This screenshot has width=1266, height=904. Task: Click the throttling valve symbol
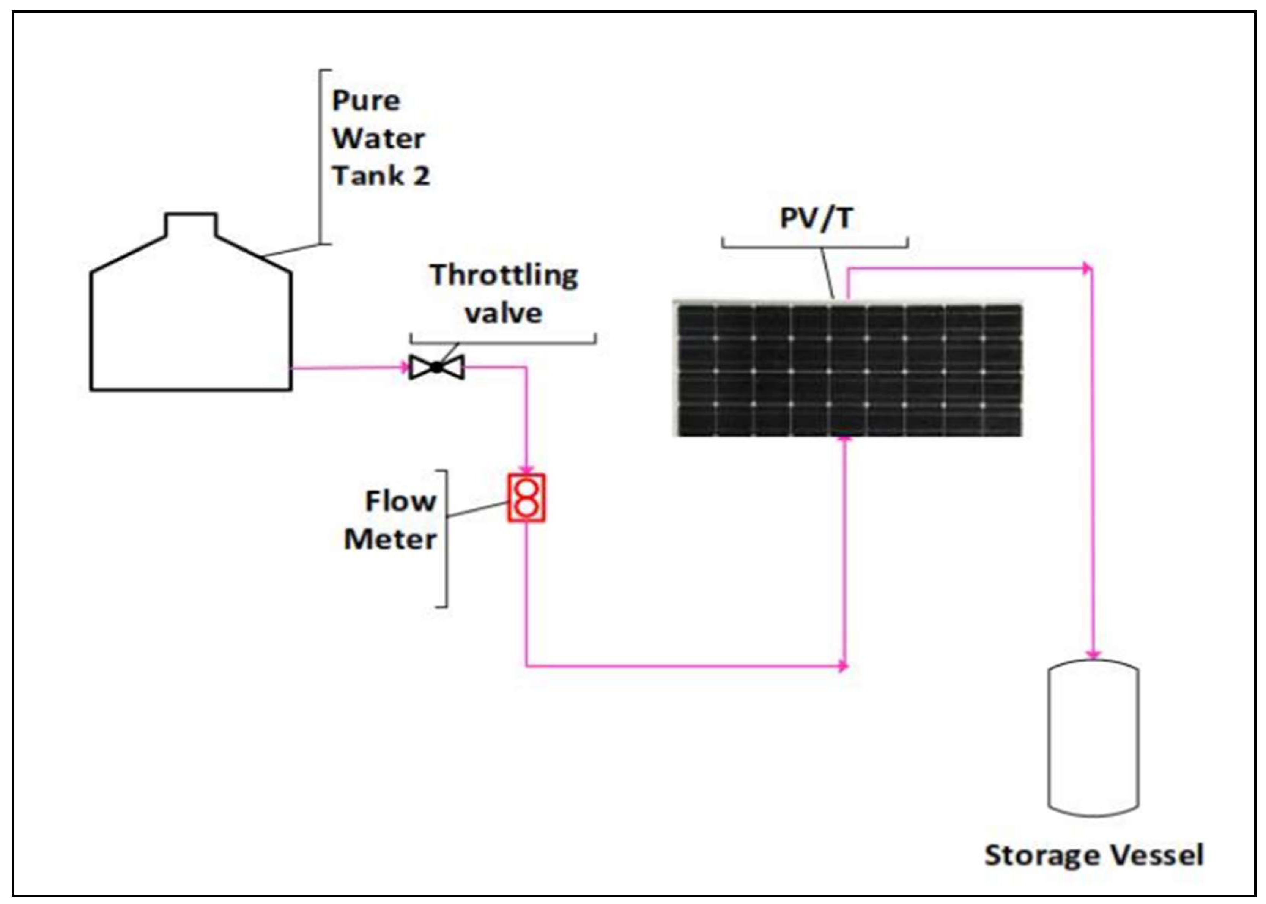coord(436,367)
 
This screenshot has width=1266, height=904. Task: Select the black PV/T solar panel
coord(849,370)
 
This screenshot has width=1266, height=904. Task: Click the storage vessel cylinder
coord(1093,737)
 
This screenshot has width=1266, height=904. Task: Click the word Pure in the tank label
coord(366,101)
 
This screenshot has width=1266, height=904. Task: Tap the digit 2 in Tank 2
coord(421,176)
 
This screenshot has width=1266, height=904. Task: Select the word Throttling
coord(504,275)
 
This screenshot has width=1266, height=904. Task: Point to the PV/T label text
coord(816,218)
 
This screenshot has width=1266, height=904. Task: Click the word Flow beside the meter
coord(400,501)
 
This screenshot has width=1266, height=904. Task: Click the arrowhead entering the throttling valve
coord(405,367)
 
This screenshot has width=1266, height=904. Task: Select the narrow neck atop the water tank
coord(191,224)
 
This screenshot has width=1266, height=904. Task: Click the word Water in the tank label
coord(379,138)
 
